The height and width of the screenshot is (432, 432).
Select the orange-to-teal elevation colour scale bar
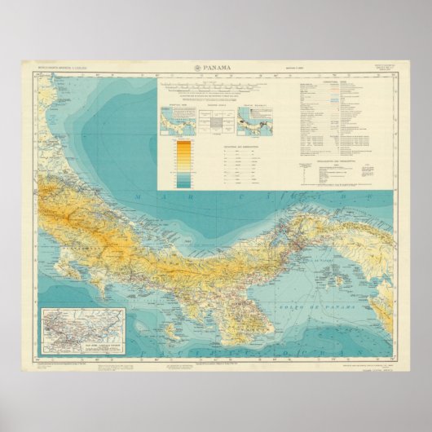click(183, 158)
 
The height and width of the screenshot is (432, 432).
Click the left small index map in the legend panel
click(173, 121)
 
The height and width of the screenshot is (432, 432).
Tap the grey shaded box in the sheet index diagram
click(217, 122)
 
